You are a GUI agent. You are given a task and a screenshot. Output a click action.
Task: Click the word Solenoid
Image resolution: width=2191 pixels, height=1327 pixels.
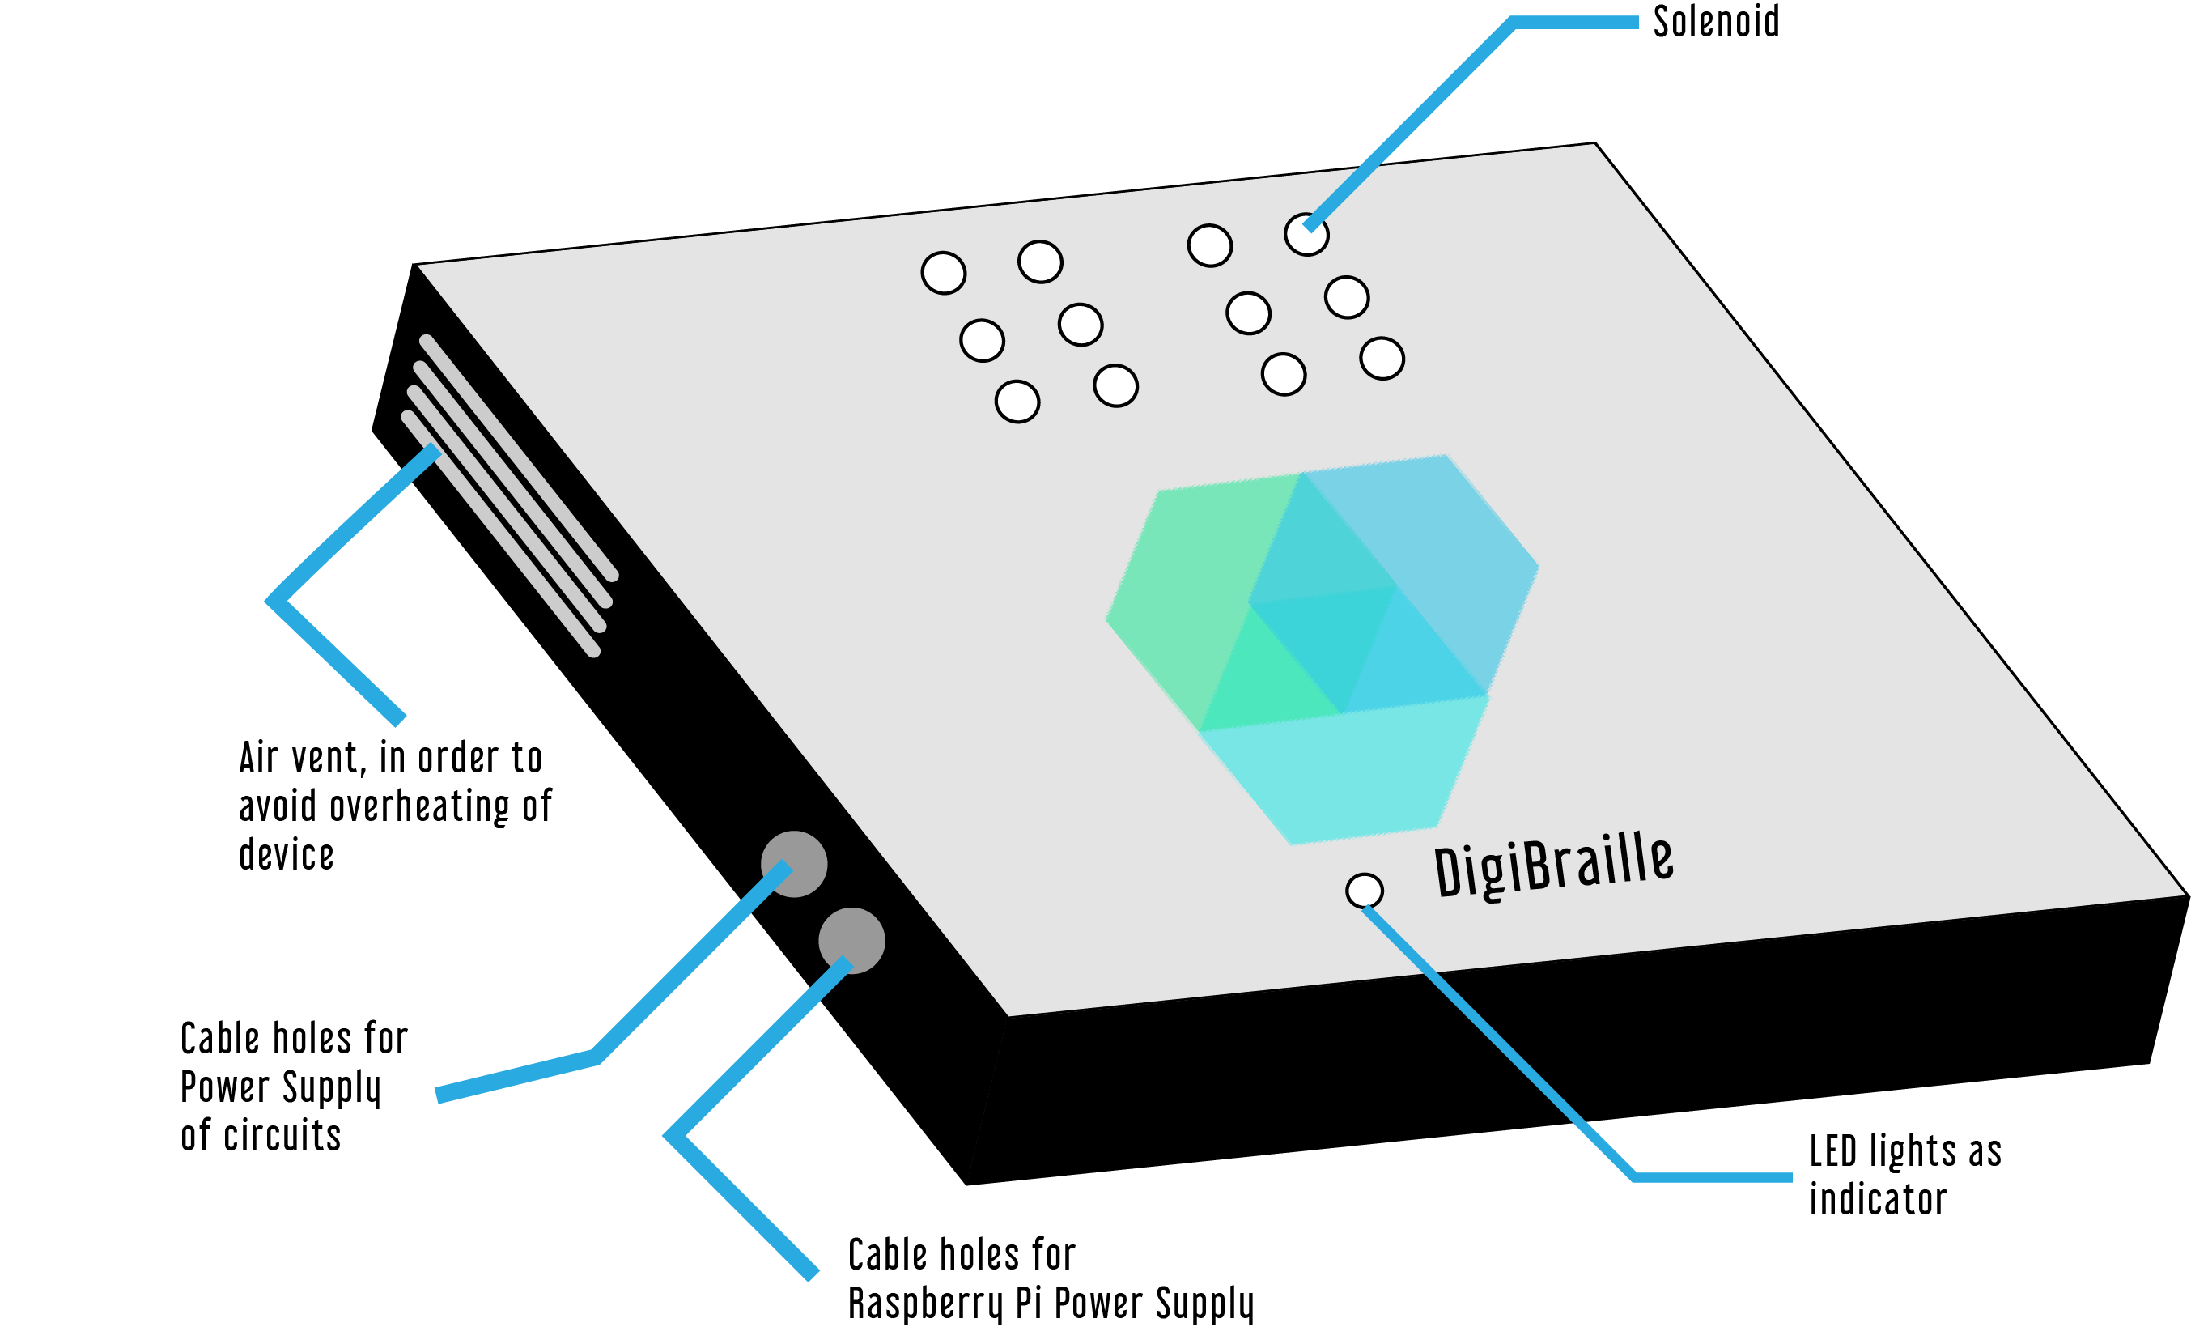1715,22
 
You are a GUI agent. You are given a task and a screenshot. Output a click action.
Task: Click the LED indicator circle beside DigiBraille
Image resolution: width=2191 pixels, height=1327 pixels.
1364,890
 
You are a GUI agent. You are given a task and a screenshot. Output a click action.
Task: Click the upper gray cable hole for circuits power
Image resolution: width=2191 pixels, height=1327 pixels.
793,864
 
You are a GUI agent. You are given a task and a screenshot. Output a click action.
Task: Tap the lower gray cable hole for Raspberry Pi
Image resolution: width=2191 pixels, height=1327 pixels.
851,941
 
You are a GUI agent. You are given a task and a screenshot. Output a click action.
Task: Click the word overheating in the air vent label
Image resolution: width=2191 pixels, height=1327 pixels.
422,806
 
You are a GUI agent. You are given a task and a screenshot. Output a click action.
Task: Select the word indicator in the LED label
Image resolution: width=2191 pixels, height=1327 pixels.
1878,1200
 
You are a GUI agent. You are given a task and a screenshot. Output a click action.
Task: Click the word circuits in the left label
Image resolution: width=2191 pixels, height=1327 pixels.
282,1137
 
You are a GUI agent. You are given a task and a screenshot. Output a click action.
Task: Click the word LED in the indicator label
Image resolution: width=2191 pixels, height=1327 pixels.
1832,1150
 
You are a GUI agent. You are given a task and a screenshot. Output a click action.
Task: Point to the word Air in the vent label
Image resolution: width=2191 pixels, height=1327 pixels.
259,758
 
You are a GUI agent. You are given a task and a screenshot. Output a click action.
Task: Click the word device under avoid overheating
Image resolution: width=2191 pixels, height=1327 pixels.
287,855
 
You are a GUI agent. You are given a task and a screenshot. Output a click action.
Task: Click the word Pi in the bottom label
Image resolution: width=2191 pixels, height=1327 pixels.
1028,1304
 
